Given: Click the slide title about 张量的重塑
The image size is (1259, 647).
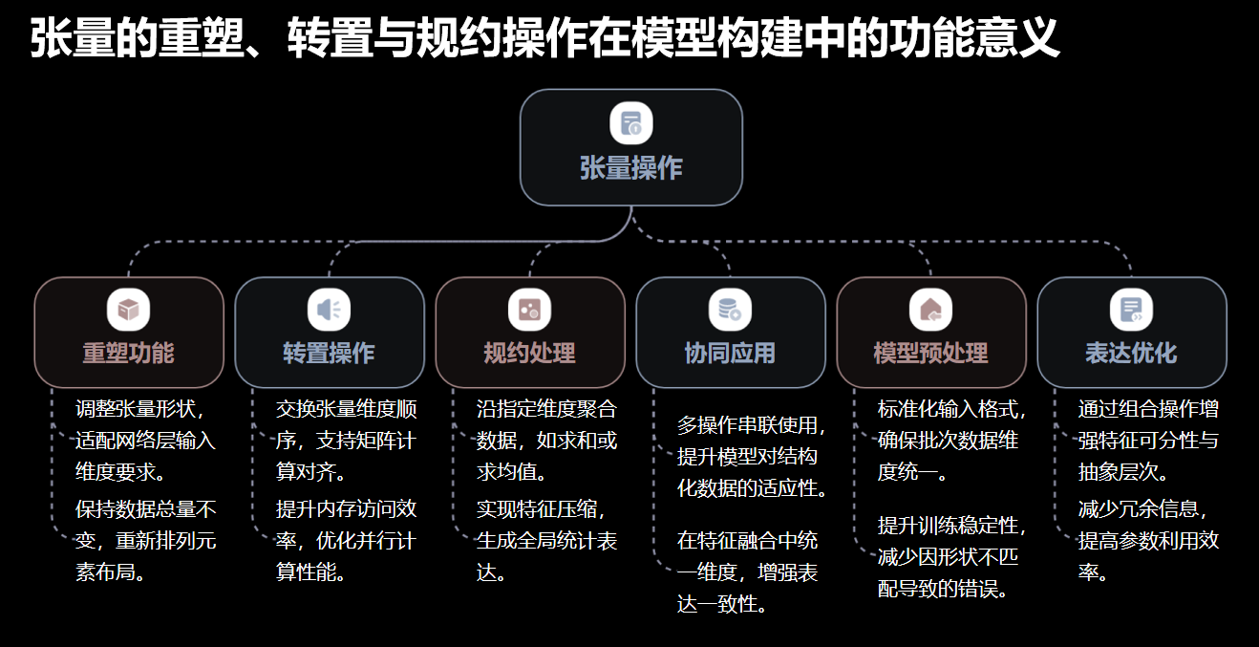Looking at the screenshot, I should point(544,40).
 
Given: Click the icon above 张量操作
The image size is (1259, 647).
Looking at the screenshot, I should point(631,123).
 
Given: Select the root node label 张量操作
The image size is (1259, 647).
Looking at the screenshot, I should point(631,168).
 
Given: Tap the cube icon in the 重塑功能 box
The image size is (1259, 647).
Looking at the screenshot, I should point(129,310).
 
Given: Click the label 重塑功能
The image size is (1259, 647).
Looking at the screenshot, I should point(129,354).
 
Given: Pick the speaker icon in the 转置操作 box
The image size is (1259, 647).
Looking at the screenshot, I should point(330,310).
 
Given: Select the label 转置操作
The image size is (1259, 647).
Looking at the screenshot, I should point(330,354).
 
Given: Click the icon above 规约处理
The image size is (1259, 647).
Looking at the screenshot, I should point(530,310).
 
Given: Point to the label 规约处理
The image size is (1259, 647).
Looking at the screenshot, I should point(530,354).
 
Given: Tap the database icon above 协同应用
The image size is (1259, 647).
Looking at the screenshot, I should point(731,310).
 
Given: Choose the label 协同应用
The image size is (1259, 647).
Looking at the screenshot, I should point(731,354).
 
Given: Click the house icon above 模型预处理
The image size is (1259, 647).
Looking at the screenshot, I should point(931,310).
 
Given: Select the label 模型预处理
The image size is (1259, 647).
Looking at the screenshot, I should point(931,354).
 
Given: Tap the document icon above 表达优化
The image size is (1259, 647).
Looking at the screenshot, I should point(1132,310).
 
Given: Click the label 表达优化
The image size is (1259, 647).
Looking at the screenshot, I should point(1132,354).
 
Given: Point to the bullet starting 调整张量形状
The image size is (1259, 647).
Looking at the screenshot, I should point(145,441).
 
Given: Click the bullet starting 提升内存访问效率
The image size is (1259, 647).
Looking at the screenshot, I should point(346,540).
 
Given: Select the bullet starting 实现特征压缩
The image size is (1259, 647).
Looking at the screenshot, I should point(546,540).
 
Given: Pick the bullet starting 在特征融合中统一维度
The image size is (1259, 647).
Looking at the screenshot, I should point(747,572).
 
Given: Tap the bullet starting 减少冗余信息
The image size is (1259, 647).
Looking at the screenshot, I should point(1148,540).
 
